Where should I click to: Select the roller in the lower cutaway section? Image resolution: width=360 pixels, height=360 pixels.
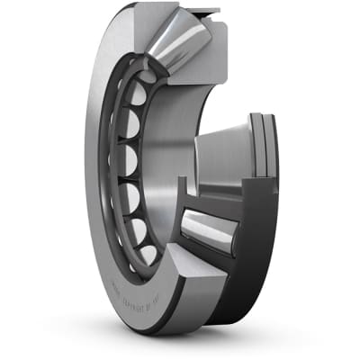210,232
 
